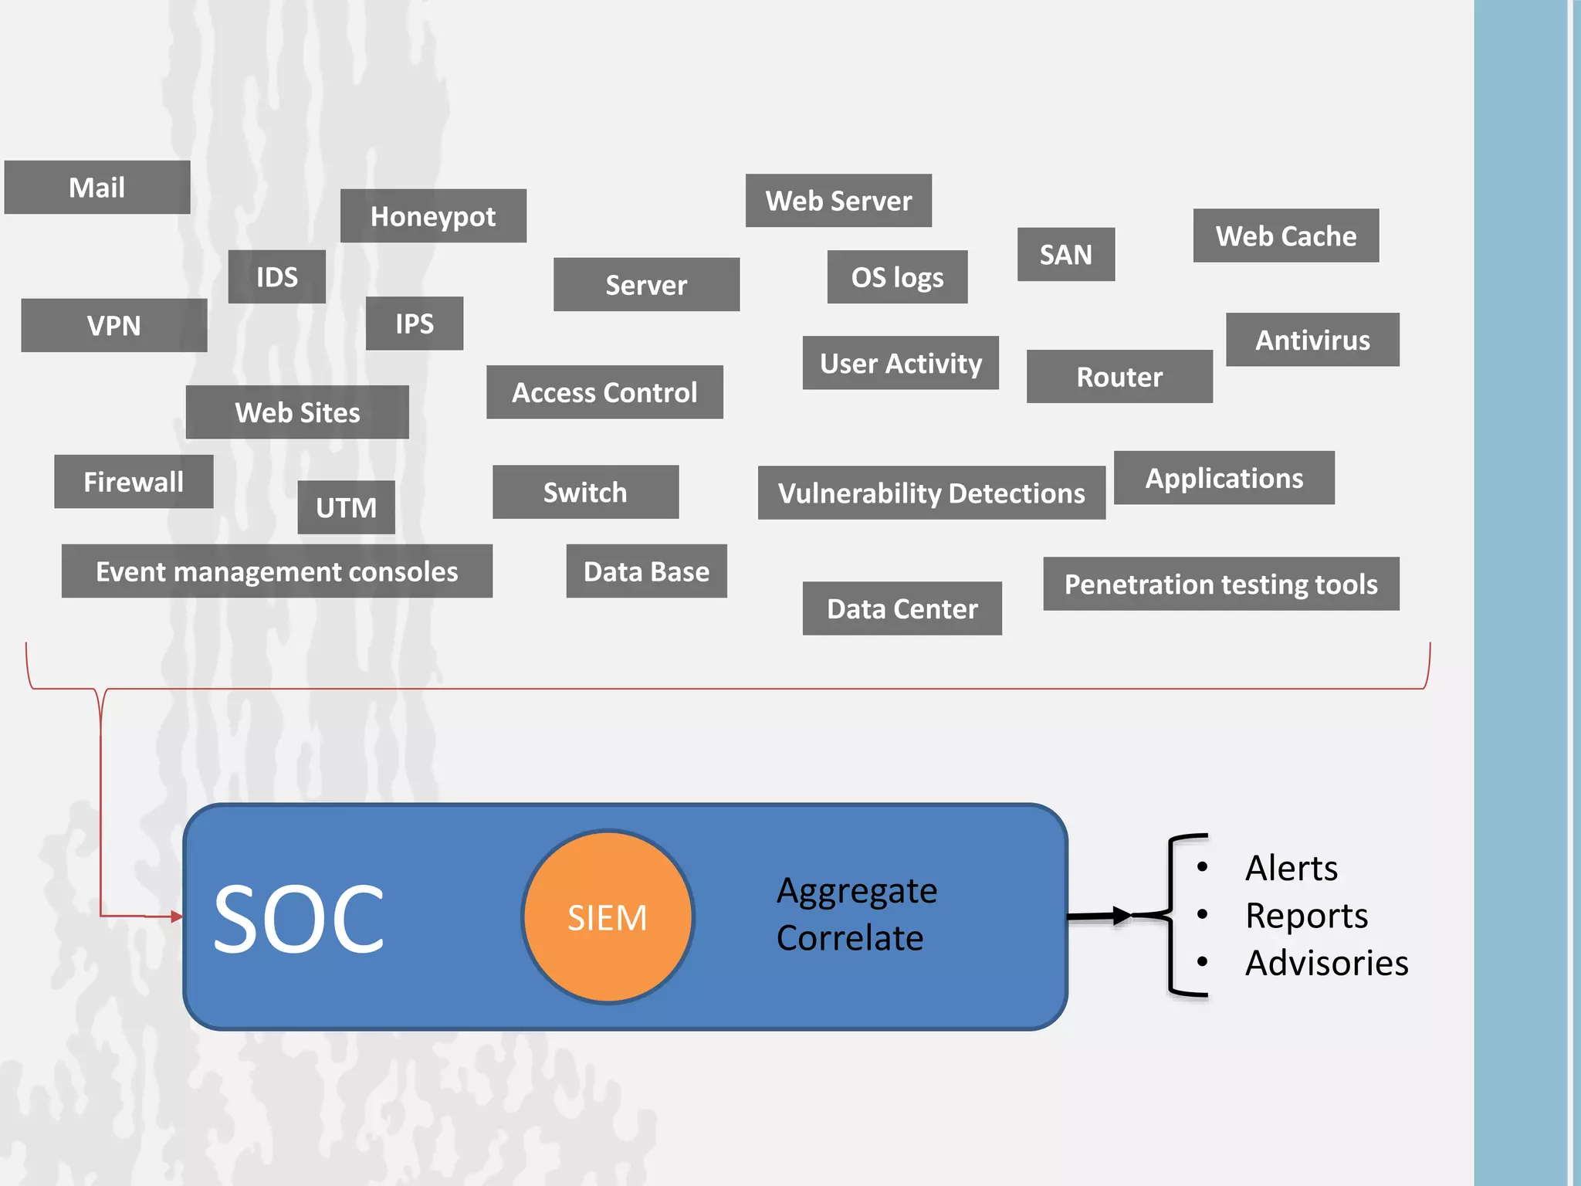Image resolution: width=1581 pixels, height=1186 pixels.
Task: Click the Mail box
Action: [x=97, y=188]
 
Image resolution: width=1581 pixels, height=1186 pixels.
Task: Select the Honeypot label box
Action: [x=433, y=216]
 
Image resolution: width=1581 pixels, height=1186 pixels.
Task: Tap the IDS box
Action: [x=276, y=276]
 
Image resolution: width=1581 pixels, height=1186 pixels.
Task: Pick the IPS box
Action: [x=415, y=324]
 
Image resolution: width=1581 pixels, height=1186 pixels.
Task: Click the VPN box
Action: [x=114, y=325]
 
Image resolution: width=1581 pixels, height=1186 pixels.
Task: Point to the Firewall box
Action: [x=134, y=482]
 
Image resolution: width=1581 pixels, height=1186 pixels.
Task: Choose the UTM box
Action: [x=346, y=507]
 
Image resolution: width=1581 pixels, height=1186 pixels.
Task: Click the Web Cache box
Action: [x=1285, y=236]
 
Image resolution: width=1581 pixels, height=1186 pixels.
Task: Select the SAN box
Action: [x=1065, y=254]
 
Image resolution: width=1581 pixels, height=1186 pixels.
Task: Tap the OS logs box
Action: [x=897, y=277]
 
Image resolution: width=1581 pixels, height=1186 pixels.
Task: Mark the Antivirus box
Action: [x=1312, y=340]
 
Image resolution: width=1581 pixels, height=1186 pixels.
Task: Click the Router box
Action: [x=1119, y=377]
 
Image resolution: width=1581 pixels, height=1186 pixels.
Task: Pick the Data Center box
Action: [x=902, y=608]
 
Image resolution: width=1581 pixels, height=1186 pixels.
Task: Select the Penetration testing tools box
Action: [x=1220, y=584]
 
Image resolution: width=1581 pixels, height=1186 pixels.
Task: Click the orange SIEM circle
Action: [x=608, y=917]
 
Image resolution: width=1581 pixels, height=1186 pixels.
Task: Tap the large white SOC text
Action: [x=298, y=919]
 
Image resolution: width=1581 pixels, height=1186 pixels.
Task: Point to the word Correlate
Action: [x=849, y=938]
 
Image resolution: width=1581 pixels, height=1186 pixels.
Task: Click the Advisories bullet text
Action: [x=1326, y=963]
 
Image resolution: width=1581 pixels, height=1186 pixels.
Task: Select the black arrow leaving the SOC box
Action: [x=1100, y=917]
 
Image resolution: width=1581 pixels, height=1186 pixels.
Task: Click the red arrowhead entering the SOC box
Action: [x=176, y=917]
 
